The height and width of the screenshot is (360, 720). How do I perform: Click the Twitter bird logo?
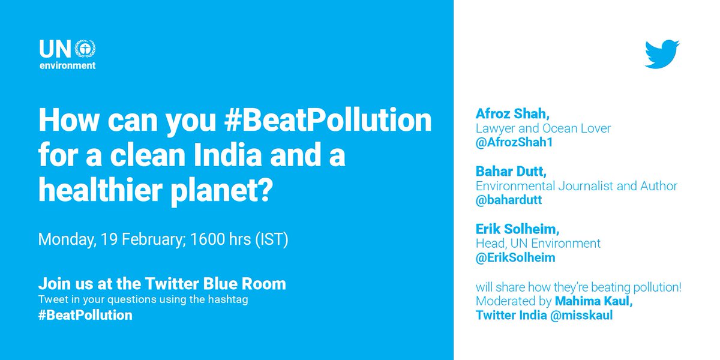point(662,54)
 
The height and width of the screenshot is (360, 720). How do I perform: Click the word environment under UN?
point(67,66)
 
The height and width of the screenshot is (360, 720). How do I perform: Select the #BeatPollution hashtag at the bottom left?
point(85,315)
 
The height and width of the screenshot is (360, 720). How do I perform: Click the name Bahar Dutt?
point(508,172)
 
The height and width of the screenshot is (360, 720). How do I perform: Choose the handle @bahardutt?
point(509,200)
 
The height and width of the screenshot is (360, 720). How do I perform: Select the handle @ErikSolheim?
point(515,258)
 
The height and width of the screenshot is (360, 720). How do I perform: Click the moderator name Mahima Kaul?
point(593,301)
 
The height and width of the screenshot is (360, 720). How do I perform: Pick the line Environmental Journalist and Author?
point(577,186)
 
